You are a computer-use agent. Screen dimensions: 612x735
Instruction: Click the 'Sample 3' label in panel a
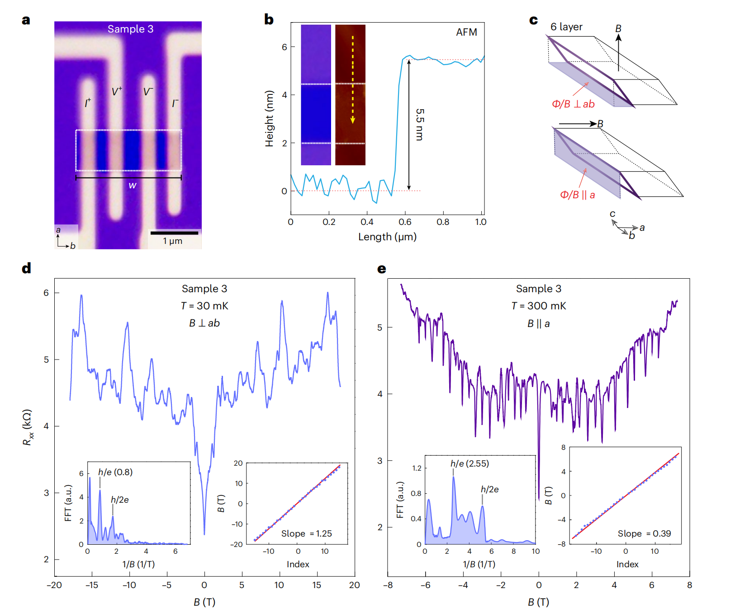[130, 29]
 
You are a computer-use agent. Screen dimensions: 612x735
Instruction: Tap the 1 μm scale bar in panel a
[174, 233]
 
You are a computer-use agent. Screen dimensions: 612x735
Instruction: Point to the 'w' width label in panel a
[132, 185]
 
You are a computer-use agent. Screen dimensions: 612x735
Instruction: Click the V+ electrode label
[117, 92]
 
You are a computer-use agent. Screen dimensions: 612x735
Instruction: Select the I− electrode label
[175, 103]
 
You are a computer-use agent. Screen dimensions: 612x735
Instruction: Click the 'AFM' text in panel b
[466, 33]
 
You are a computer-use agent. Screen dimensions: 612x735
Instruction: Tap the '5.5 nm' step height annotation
[420, 124]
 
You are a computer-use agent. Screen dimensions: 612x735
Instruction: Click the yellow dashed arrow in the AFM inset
[353, 79]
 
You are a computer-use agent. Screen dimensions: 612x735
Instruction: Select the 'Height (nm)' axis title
[270, 118]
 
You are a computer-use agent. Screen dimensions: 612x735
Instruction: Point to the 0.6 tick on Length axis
[405, 222]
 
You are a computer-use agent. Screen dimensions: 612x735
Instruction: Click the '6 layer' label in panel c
[566, 27]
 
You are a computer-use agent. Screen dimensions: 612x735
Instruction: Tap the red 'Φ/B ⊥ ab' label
[573, 104]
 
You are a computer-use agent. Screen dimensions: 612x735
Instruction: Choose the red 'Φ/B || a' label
[578, 195]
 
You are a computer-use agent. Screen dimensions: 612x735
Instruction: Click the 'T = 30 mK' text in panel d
[204, 306]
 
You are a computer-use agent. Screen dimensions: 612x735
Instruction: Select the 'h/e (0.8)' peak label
[115, 472]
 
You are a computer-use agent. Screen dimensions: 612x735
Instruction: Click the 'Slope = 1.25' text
[307, 533]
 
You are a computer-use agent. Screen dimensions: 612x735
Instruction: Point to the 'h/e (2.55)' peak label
[469, 463]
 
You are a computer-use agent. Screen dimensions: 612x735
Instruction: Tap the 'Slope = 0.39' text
[644, 533]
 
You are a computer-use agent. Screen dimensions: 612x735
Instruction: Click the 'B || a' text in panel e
[538, 323]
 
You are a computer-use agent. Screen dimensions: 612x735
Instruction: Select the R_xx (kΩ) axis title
[28, 427]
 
